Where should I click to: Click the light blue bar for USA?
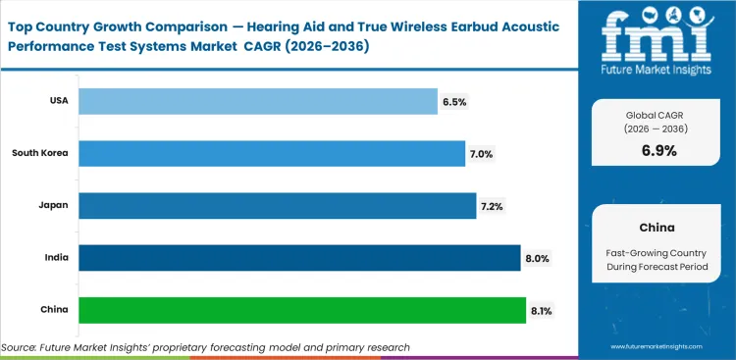[x=257, y=100]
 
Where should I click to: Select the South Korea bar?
[x=271, y=153]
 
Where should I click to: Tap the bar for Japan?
[x=277, y=205]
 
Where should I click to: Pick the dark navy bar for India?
[x=298, y=258]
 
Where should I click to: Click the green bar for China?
[x=301, y=310]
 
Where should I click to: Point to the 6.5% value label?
[x=454, y=100]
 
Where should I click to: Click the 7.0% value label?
[x=482, y=153]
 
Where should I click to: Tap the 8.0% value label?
[x=537, y=258]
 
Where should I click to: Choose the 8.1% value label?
[x=542, y=310]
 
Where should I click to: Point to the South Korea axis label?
[x=40, y=153]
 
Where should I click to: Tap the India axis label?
[x=56, y=258]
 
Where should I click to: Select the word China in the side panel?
[x=656, y=227]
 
